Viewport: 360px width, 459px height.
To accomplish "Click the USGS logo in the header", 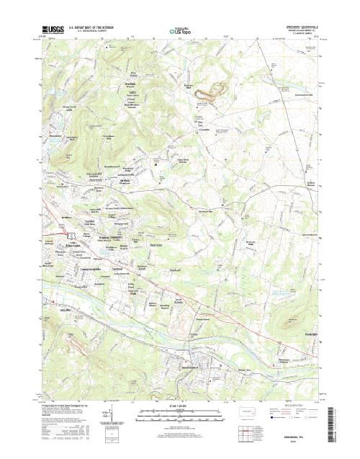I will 54,30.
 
